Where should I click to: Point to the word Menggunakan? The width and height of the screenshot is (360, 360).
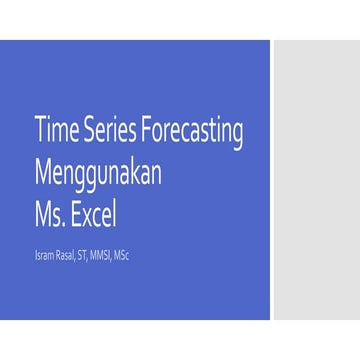coord(97,173)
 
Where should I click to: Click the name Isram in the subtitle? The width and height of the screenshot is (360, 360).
coord(44,255)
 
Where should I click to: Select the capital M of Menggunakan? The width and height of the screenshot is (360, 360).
coord(43,171)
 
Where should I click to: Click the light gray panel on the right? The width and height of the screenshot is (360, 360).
coord(316,180)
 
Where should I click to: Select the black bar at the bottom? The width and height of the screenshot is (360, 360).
coord(180,340)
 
